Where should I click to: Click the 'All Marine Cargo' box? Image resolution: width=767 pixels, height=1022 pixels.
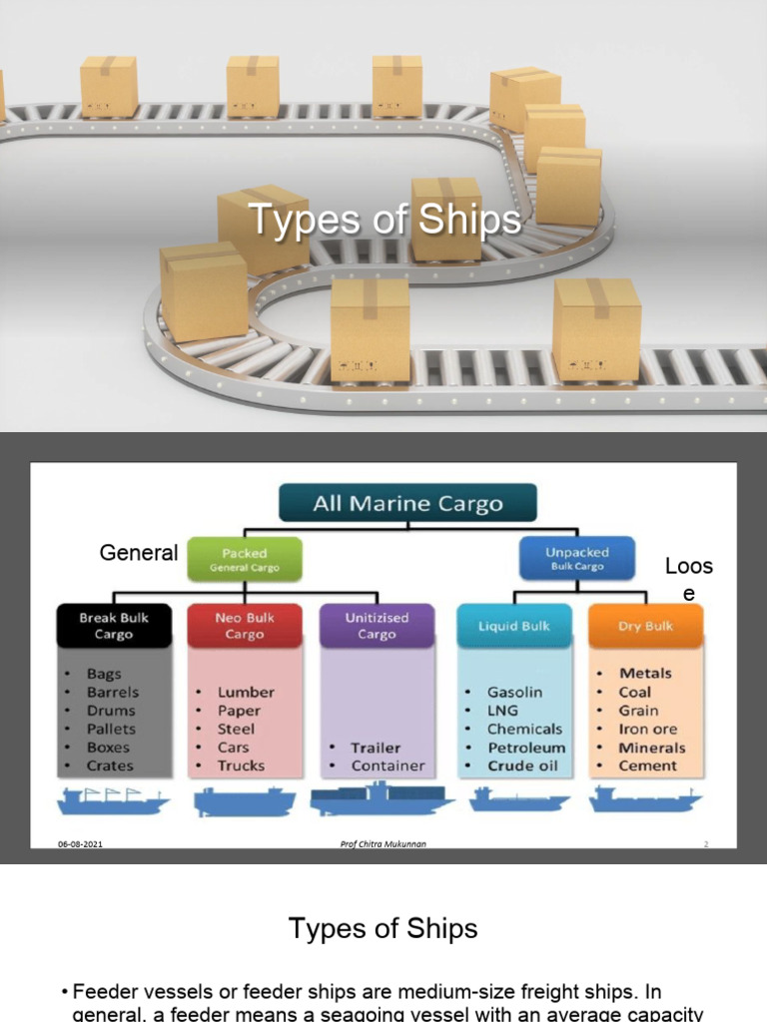407,503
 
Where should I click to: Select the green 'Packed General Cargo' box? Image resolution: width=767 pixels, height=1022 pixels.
245,559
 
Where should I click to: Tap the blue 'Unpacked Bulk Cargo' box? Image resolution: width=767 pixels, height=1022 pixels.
576,559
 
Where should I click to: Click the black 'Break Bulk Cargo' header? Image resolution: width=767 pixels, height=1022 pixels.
113,626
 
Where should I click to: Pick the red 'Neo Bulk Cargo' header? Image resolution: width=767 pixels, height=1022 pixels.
245,626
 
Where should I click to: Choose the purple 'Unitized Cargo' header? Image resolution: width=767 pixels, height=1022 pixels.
377,626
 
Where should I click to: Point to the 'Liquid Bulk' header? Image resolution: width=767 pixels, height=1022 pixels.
512,626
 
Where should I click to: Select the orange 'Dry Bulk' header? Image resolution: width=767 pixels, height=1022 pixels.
645,626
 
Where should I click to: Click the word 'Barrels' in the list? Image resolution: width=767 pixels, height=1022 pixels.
113,692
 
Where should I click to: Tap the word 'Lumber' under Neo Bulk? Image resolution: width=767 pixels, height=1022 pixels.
246,692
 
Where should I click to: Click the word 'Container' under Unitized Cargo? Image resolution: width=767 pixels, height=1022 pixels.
387,766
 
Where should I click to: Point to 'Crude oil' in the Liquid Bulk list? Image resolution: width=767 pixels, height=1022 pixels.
522,766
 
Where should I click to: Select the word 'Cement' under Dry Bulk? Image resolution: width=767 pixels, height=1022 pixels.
647,766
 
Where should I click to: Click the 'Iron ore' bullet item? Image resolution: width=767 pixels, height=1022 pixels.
647,729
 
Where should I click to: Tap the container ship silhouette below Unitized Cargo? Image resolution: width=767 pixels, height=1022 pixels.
382,797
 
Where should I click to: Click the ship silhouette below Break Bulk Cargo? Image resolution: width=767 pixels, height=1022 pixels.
113,799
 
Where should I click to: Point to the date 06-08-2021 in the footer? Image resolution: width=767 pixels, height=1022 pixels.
80,844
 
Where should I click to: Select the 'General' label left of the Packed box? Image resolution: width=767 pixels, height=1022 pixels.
139,552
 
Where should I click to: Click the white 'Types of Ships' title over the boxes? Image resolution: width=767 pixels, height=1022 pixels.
383,220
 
